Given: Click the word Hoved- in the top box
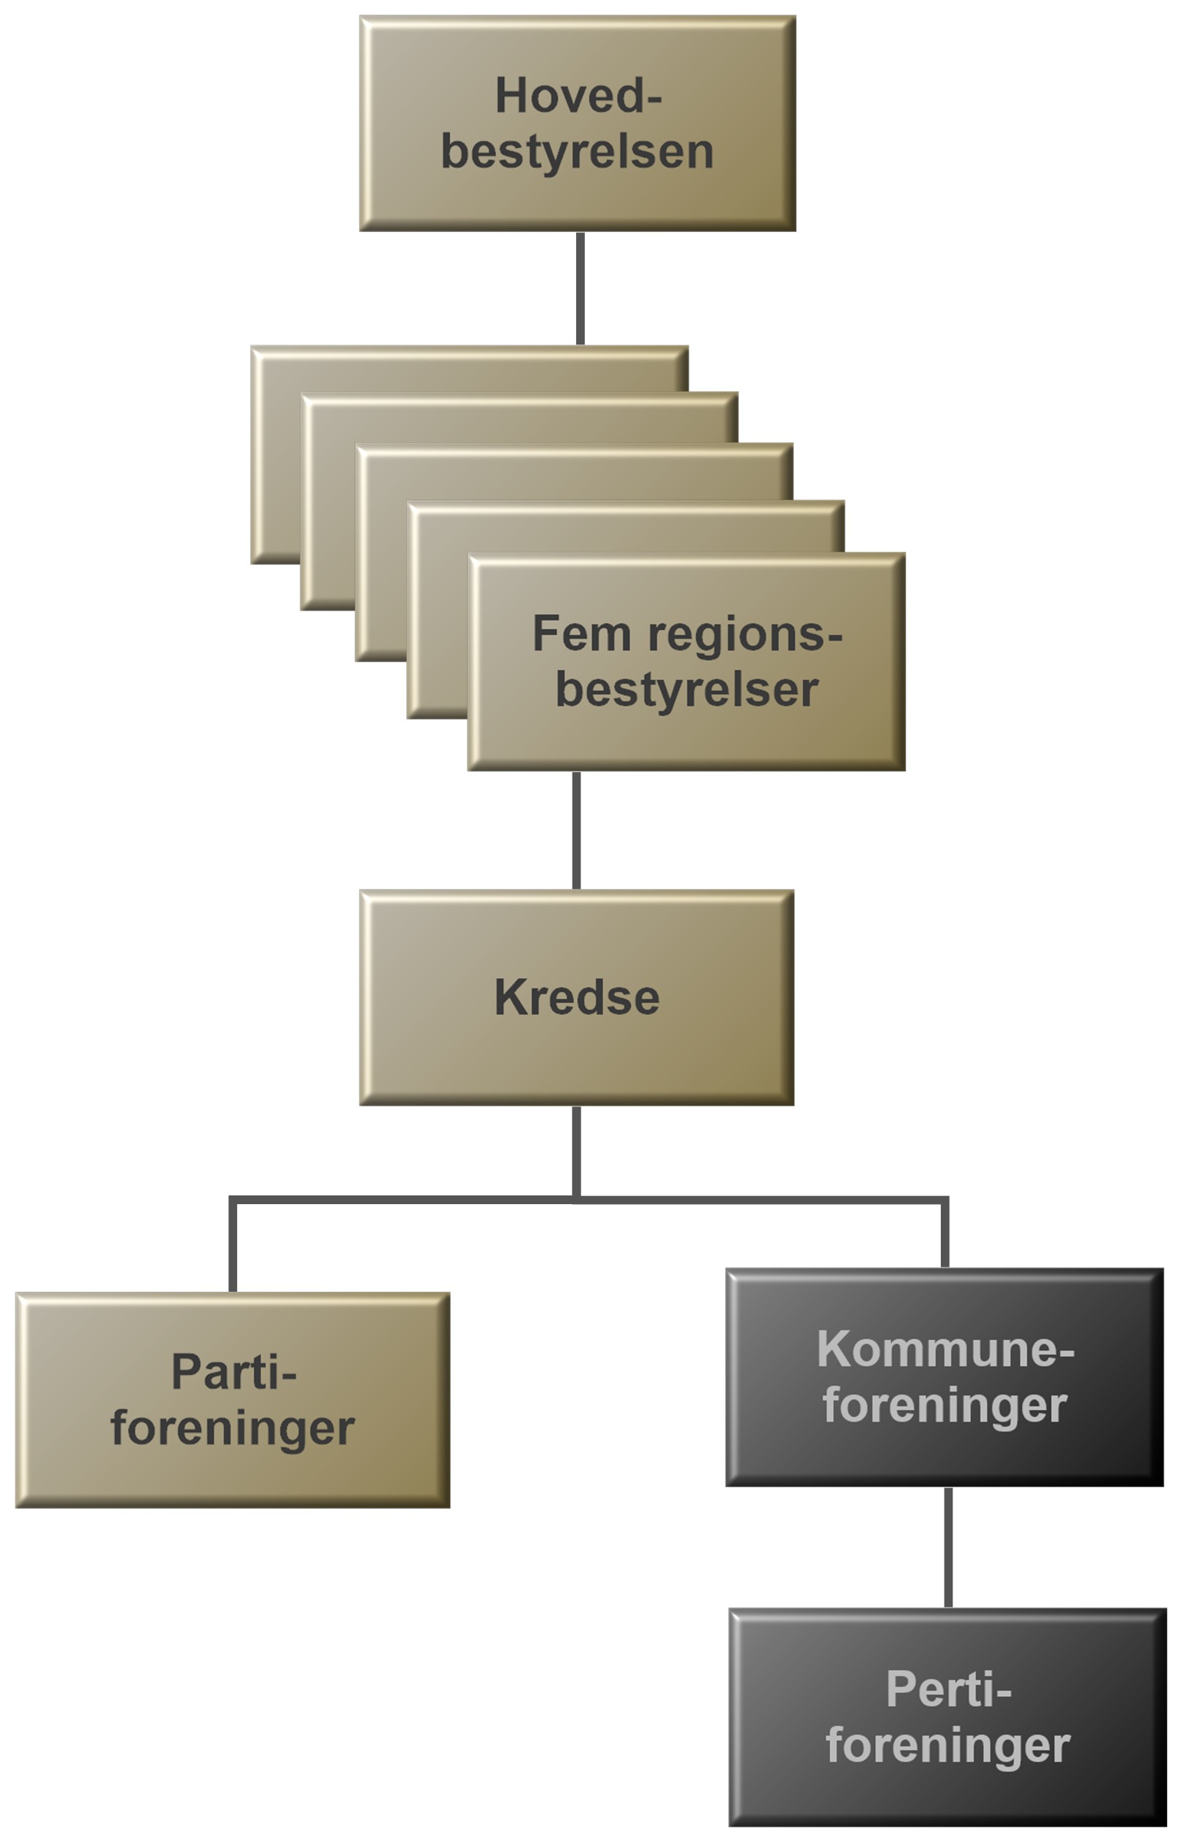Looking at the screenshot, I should click(578, 96).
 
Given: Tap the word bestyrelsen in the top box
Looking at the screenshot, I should click(578, 151).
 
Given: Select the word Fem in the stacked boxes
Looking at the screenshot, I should click(581, 634).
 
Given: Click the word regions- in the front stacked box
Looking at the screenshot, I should click(745, 636).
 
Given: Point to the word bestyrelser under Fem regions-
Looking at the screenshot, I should click(687, 690).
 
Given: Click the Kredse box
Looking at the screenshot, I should click(577, 998).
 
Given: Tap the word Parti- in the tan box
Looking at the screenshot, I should click(233, 1372).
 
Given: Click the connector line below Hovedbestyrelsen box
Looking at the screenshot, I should click(580, 288).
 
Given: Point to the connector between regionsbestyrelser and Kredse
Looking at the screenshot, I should click(576, 830).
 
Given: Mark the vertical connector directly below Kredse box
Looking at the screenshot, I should click(576, 1150).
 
